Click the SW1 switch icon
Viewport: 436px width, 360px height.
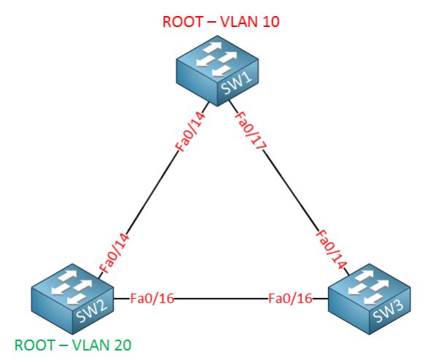click(217, 71)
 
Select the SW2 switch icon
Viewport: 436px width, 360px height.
click(72, 299)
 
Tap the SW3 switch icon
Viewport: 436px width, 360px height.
click(369, 299)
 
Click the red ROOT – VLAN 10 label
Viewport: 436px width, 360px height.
click(221, 22)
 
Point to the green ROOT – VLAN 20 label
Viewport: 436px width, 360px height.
click(73, 345)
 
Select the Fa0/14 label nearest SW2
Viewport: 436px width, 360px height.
click(114, 254)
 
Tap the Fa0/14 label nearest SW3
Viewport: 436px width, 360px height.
click(331, 249)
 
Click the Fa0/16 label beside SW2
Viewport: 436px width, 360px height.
click(152, 299)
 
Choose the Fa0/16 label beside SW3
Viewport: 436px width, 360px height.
click(290, 299)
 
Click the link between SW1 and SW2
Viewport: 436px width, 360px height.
click(153, 190)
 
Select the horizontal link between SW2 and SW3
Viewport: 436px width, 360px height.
click(221, 299)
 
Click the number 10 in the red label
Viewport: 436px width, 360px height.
click(270, 22)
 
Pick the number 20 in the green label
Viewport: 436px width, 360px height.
click(121, 345)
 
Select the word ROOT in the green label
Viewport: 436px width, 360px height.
click(35, 345)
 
